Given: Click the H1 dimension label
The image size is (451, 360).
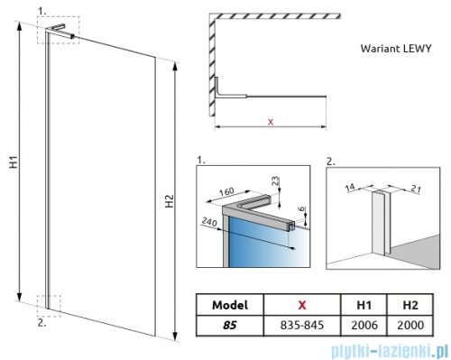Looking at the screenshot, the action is (14, 162).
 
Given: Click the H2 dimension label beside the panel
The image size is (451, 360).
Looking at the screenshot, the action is (170, 201).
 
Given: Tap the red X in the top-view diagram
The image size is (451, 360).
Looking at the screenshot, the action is (271, 122).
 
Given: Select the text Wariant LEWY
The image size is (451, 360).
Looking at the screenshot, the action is (396, 48).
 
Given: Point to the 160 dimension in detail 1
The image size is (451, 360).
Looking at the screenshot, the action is (226, 191).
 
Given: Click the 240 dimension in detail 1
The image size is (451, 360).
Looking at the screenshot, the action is (209, 222).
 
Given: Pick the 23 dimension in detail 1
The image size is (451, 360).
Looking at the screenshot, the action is (276, 181).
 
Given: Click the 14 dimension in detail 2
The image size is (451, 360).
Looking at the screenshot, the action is (350, 188).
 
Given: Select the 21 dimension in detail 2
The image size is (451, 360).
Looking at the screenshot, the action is (415, 189).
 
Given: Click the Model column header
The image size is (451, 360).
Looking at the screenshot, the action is (230, 305).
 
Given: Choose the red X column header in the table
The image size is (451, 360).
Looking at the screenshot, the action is (302, 305).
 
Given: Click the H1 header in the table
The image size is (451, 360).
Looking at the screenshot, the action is (364, 305).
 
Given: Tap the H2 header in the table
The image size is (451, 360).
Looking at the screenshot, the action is (410, 305).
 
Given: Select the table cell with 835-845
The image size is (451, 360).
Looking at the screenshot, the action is (302, 325).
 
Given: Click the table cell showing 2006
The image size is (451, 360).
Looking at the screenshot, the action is (364, 325).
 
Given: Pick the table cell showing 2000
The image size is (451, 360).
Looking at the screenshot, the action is (410, 325).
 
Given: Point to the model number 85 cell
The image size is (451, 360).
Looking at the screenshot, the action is (230, 326).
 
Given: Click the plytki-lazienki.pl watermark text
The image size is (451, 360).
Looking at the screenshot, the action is (390, 351).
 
